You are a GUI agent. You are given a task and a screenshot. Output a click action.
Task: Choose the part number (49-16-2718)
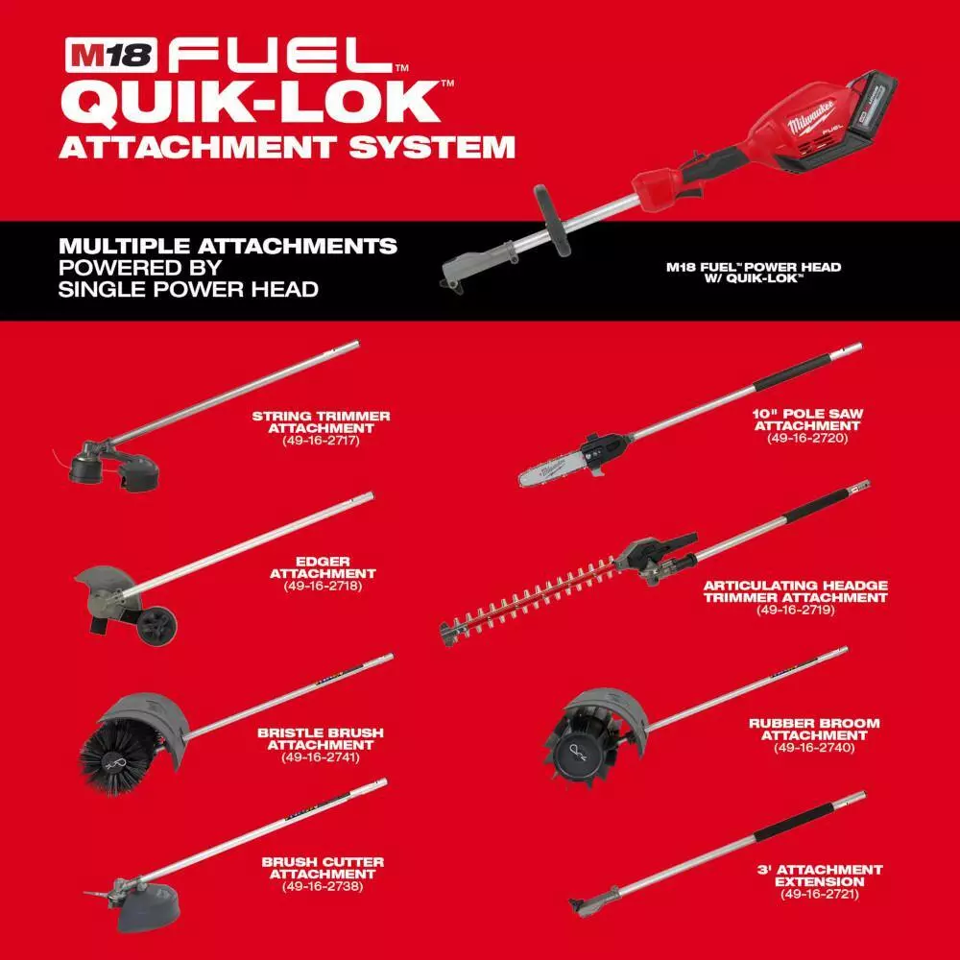(x=323, y=585)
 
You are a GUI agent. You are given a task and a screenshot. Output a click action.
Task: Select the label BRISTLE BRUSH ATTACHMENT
(x=321, y=738)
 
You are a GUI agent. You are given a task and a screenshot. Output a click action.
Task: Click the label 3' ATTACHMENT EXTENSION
(x=820, y=876)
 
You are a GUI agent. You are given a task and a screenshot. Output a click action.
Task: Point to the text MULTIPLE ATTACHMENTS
(x=228, y=246)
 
